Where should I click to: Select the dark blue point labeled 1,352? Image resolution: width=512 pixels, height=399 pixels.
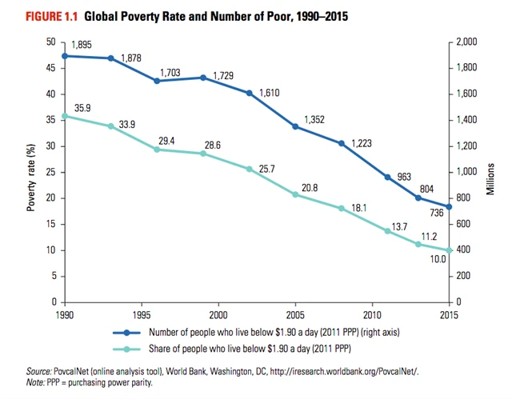[x=296, y=126]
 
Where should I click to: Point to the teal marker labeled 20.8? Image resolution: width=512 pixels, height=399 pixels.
[x=296, y=194]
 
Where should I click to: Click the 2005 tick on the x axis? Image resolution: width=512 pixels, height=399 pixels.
[x=296, y=314]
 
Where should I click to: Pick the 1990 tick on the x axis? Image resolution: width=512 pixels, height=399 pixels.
[x=65, y=314]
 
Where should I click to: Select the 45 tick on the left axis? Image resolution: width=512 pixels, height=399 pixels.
[x=50, y=68]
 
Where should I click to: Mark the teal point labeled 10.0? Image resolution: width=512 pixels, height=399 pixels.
[x=450, y=250]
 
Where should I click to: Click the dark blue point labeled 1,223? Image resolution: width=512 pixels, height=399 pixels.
[x=342, y=143]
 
